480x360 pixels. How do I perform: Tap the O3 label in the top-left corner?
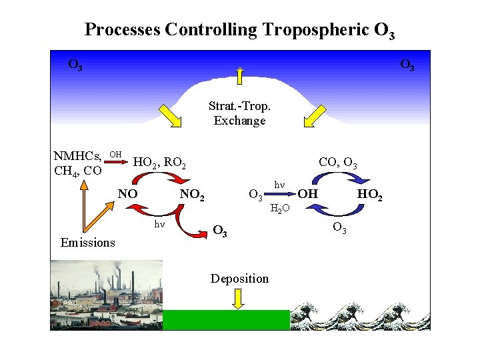tap(75, 65)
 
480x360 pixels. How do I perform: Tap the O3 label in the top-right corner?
tap(407, 65)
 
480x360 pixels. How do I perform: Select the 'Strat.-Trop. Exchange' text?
tap(239, 113)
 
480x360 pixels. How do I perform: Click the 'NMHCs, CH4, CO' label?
tap(77, 163)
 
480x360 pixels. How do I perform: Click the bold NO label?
tap(127, 194)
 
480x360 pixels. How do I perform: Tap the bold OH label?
tap(307, 194)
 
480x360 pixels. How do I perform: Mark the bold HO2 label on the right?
tap(369, 195)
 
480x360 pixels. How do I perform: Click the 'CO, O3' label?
tap(338, 161)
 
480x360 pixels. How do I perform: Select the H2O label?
tap(279, 209)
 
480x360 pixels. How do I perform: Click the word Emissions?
tap(87, 243)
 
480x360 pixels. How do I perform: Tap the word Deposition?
tap(239, 279)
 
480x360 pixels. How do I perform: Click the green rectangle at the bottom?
tap(226, 320)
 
